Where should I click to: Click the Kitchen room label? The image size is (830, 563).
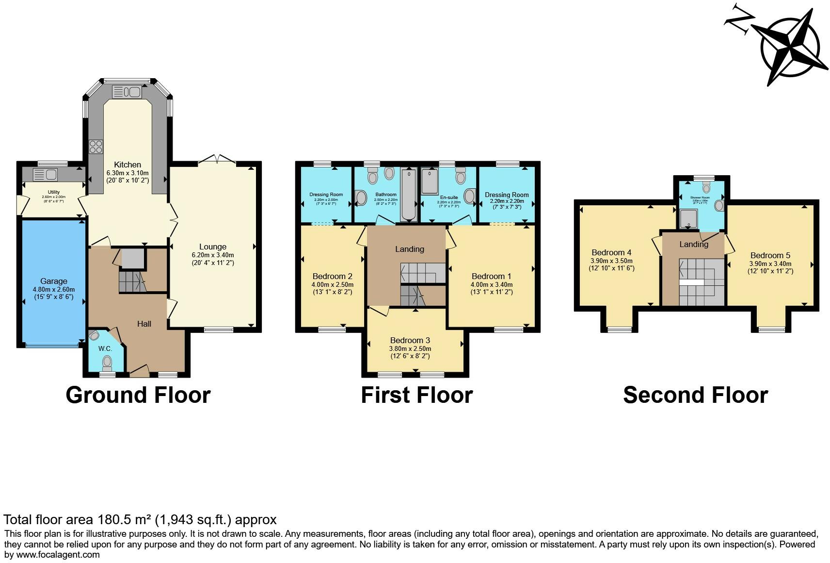[128, 165]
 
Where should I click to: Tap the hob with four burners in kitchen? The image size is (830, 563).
[96, 146]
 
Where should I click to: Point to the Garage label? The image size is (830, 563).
[54, 281]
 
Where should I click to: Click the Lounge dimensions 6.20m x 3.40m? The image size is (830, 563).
[212, 255]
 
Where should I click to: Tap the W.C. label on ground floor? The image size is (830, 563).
[105, 348]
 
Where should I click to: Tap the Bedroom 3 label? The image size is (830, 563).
[410, 340]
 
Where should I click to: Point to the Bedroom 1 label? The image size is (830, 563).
[491, 276]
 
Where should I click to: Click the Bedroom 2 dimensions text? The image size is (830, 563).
[332, 285]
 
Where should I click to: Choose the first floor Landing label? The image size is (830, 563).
[409, 249]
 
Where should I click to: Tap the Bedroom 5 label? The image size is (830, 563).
[770, 255]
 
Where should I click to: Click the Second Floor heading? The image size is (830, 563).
[695, 395]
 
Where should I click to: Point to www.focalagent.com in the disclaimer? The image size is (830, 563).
[58, 554]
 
